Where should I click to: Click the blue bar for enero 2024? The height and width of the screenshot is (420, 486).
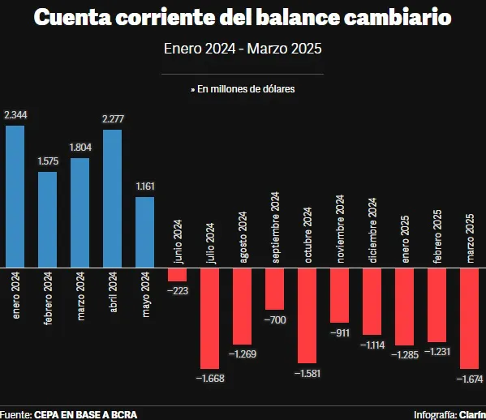15,196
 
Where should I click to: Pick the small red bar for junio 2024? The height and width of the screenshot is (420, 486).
177,274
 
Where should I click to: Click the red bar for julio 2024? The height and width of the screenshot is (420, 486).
210,318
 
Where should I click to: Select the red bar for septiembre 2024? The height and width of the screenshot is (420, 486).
274,289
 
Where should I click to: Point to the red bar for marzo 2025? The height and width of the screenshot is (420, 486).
470,318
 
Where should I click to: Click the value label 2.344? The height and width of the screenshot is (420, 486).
15,116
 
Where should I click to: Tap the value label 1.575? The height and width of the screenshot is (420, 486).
48,161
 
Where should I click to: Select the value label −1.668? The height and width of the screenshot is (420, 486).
210,378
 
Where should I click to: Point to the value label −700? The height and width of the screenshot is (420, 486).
275,320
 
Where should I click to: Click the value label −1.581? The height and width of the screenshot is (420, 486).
308,373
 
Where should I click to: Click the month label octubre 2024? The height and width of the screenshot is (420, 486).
308,234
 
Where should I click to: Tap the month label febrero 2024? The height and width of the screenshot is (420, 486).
48,297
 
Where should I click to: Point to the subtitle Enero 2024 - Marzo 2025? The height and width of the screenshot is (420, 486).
243,49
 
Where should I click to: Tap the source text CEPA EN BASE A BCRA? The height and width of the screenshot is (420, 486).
80,414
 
